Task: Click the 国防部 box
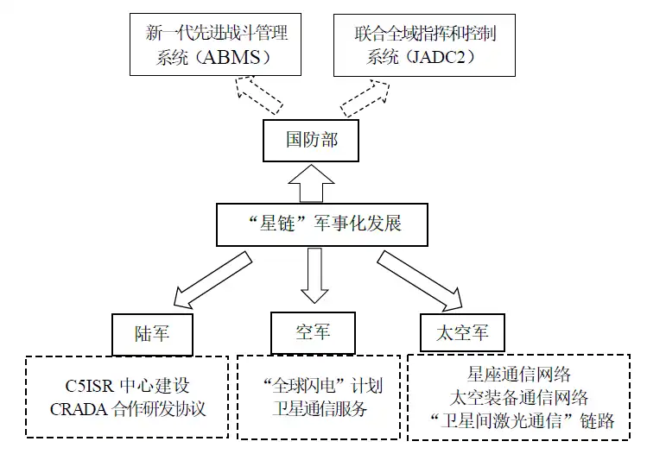coord(311,140)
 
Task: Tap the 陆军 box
coord(151,332)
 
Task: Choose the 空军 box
coord(312,331)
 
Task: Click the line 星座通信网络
coord(519,375)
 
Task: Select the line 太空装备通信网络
coord(519,398)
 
